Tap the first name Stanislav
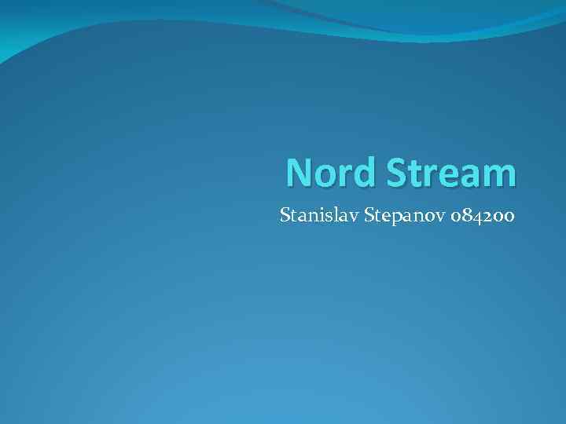(x=319, y=214)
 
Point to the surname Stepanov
(x=400, y=214)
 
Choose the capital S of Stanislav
(x=285, y=214)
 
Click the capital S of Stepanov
(x=368, y=214)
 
